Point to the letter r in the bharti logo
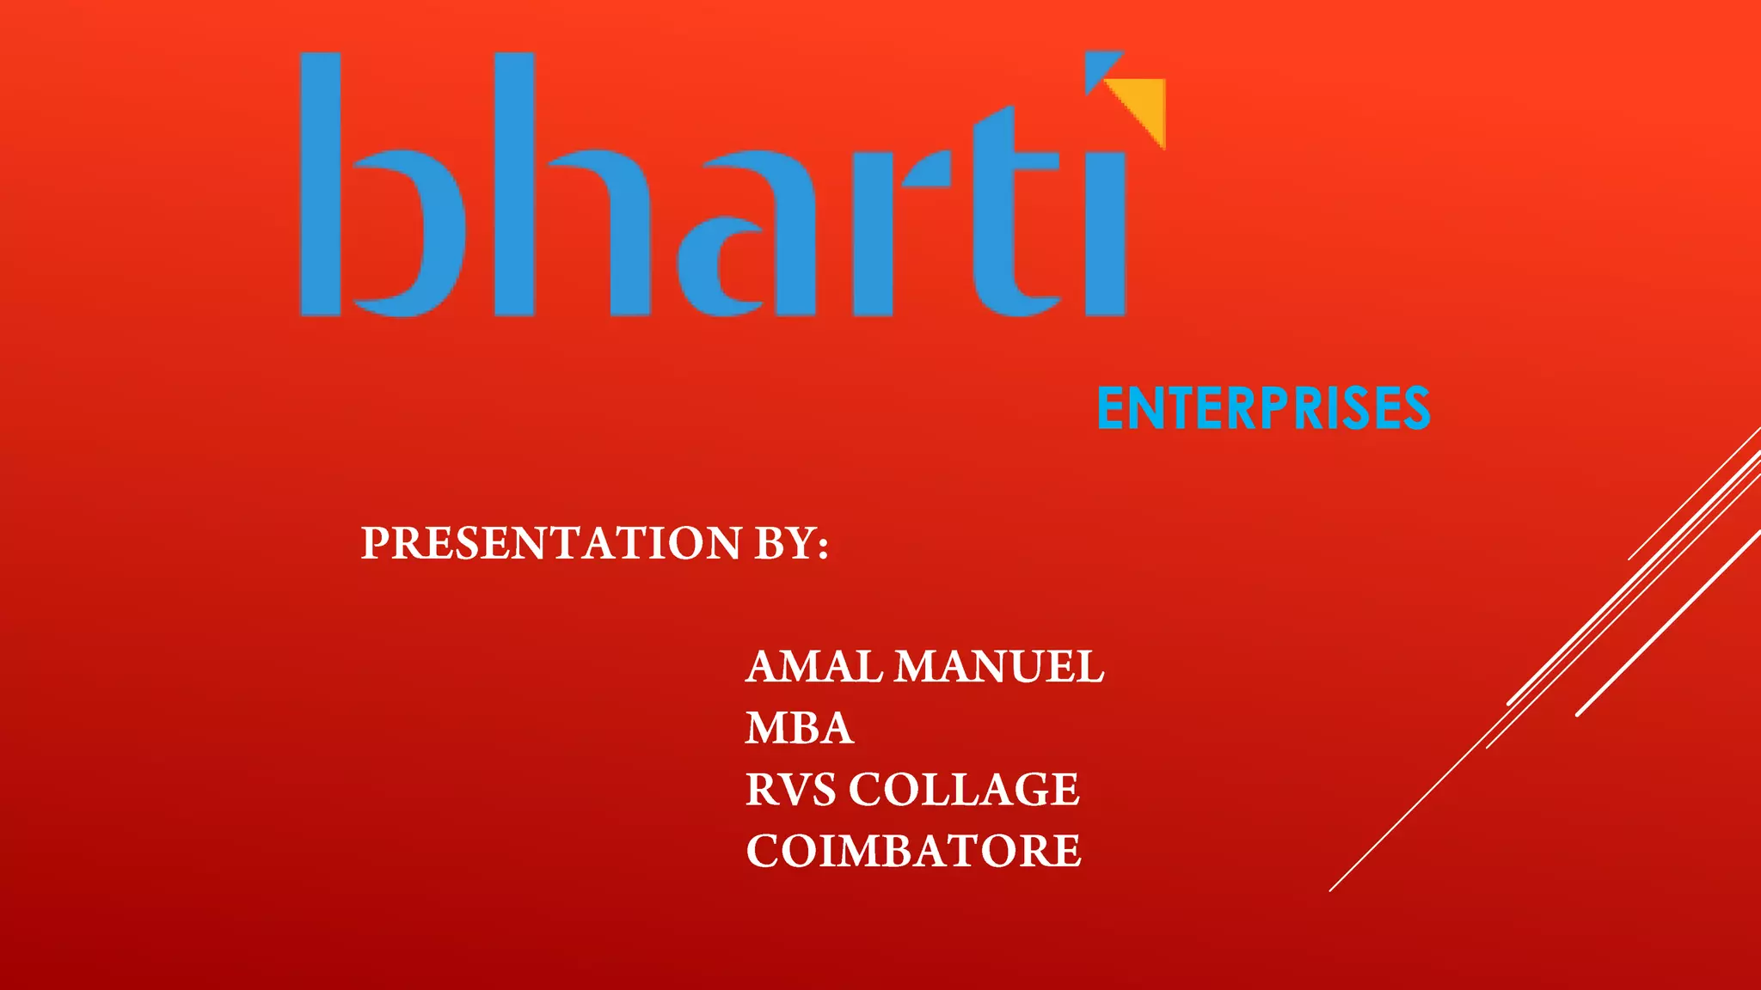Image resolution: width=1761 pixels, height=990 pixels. point(894,232)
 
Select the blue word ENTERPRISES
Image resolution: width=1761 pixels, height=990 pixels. point(1263,408)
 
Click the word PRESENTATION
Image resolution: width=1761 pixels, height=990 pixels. point(550,543)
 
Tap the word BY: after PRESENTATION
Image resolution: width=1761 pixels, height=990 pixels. point(791,543)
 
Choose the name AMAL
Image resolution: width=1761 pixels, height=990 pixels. point(813,667)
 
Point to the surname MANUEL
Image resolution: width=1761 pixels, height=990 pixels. point(999,667)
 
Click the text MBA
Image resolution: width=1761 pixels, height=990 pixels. point(799,728)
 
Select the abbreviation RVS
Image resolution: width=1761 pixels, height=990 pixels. point(790,790)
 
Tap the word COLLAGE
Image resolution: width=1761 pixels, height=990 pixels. point(964,790)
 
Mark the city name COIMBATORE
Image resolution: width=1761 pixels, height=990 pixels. point(913,851)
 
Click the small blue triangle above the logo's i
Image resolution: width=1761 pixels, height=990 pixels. point(1101,68)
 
